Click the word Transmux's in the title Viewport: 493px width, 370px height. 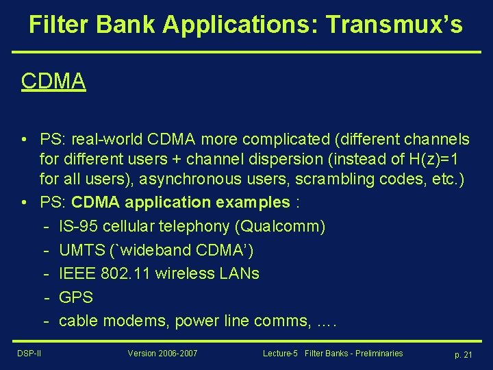point(394,25)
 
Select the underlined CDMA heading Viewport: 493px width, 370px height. point(53,81)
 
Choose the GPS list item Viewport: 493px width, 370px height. point(76,297)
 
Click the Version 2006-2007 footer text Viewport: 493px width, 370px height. point(162,354)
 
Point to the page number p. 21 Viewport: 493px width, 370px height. point(464,354)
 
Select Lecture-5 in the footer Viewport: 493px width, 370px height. point(279,354)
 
